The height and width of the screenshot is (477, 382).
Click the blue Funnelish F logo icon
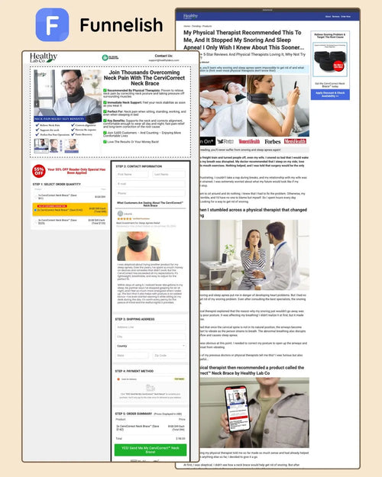click(x=52, y=25)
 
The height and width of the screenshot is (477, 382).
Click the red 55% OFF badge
click(x=39, y=171)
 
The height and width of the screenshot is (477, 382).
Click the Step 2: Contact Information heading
click(x=139, y=166)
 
